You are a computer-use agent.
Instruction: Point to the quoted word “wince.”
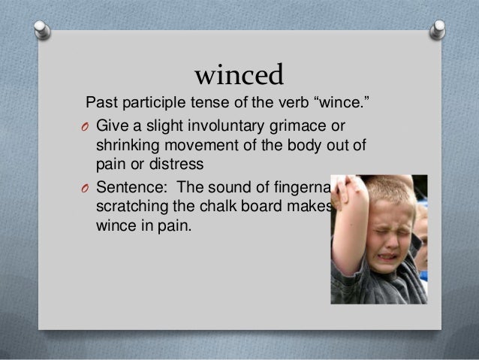(345, 101)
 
